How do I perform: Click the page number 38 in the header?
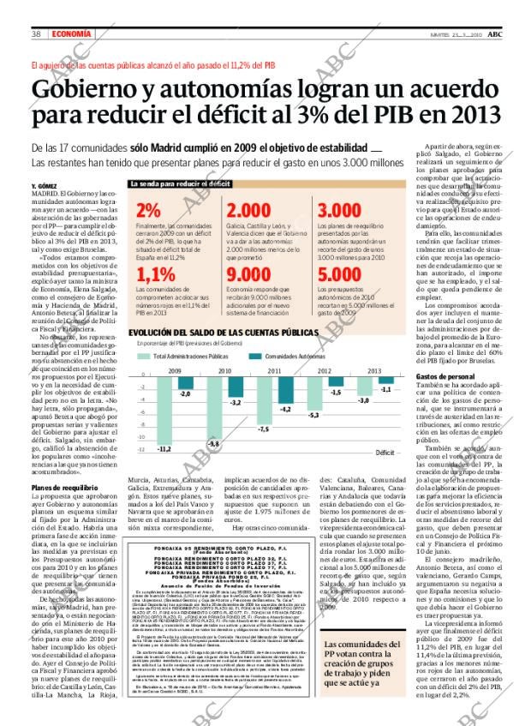(37, 33)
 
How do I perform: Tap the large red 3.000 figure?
(339, 211)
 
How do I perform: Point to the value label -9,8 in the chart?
(214, 442)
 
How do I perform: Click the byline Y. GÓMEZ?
(44, 186)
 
